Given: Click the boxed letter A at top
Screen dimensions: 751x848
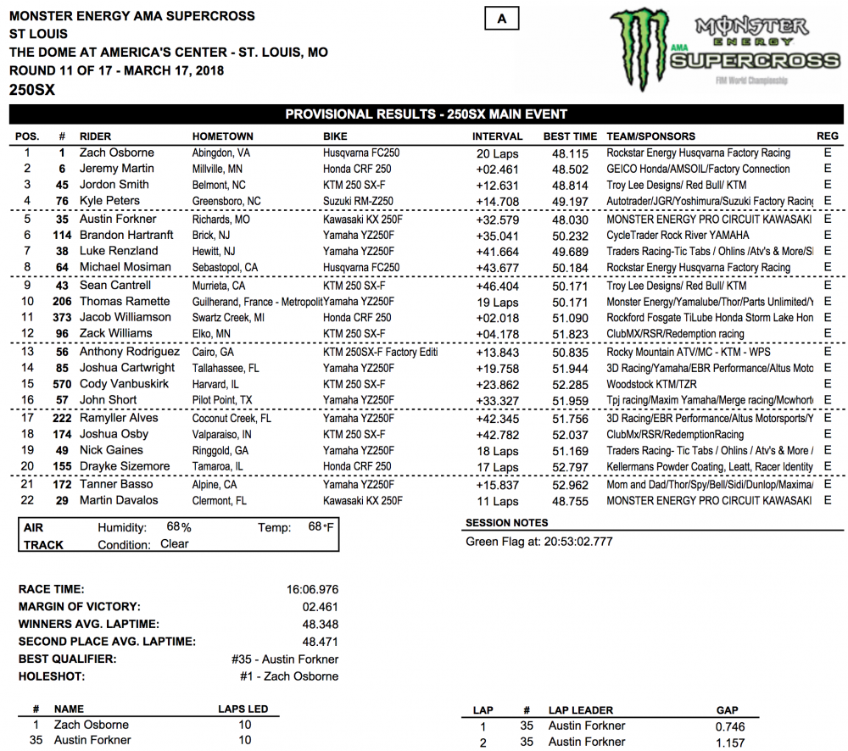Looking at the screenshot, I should (502, 19).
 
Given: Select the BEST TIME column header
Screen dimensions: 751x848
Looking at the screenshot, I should (571, 136).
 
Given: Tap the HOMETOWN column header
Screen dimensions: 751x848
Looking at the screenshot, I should (222, 136).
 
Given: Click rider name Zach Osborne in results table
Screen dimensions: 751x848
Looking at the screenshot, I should (117, 153).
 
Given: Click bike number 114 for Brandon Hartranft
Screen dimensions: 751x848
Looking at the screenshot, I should (61, 235).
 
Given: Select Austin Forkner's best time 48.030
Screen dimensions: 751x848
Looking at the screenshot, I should (570, 219).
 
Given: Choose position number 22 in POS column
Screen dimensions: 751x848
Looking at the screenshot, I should (27, 500).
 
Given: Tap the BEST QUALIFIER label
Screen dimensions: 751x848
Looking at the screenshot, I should (68, 659).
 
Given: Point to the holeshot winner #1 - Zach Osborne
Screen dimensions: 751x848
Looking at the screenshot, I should (289, 676).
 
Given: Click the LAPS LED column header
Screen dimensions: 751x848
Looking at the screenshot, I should (243, 709).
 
